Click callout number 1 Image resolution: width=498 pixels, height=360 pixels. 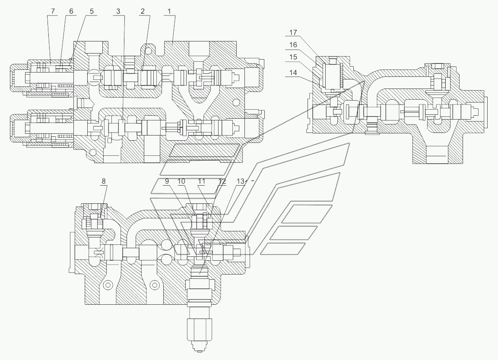169,11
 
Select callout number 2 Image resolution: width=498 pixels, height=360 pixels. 143,11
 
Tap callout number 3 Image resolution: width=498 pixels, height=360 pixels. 118,11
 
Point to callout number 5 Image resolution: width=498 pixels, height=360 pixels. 92,11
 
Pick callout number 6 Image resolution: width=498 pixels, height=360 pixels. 71,11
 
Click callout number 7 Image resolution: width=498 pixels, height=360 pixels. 53,11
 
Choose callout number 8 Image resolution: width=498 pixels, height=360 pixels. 104,181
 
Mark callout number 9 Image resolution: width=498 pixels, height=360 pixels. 167,181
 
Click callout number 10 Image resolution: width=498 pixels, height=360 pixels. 181,181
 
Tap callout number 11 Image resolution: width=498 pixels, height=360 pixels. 202,181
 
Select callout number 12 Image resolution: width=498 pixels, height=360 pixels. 222,181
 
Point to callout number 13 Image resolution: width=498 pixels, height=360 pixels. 241,181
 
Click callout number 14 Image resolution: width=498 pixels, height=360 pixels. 293,73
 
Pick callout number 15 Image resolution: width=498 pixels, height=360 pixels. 293,57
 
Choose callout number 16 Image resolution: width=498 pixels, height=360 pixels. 293,45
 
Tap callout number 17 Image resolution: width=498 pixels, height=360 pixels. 293,32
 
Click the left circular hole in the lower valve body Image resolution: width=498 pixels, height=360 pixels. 108,284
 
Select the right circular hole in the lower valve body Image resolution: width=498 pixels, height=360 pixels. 155,284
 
